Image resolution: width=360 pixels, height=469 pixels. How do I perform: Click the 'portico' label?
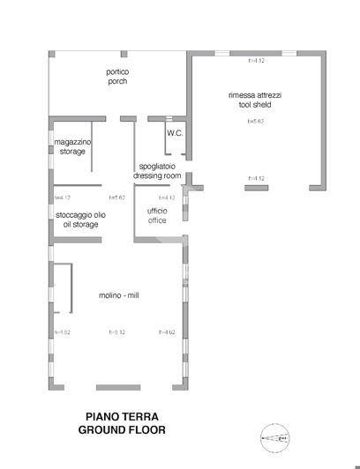117,72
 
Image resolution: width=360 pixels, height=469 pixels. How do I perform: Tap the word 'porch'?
117,81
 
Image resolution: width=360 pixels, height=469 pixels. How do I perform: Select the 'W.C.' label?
174,132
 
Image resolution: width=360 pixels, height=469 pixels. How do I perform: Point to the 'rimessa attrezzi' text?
254,94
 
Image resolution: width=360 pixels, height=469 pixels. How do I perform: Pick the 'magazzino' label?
73,142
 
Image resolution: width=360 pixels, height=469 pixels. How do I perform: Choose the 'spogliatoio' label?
157,167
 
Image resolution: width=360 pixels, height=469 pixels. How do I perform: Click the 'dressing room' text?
157,175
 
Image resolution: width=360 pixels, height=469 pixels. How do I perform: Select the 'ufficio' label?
157,212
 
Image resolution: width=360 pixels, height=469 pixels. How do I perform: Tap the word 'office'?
157,220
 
